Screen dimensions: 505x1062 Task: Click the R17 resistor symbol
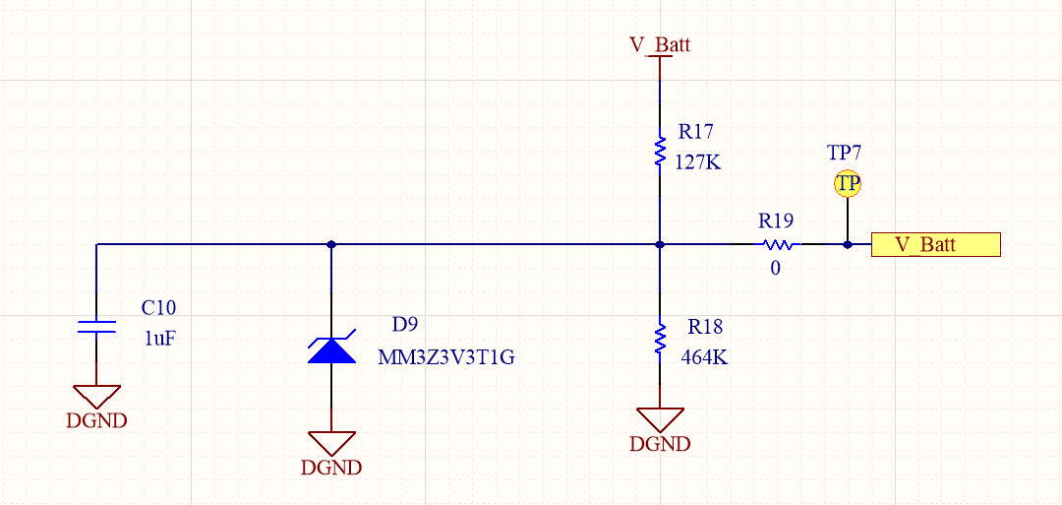point(660,152)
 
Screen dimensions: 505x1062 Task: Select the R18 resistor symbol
point(660,340)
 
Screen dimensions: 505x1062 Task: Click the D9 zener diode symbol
point(331,349)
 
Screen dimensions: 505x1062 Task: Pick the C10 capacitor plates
point(96,327)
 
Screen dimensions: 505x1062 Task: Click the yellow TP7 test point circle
point(847,184)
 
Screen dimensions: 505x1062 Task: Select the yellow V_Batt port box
point(935,244)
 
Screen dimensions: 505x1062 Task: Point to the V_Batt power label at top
point(660,44)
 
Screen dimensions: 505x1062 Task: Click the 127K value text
point(697,162)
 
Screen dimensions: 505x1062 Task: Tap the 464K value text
point(704,357)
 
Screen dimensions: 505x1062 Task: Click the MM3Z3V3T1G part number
point(446,357)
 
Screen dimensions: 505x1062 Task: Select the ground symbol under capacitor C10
point(96,397)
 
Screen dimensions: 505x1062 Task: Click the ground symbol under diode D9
point(331,443)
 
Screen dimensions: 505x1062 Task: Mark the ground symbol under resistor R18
point(660,419)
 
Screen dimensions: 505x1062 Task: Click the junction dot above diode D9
point(331,244)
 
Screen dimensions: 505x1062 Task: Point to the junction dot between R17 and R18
point(660,244)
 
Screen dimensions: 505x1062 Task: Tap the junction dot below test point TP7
point(847,244)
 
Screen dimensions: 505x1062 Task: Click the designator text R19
point(775,221)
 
